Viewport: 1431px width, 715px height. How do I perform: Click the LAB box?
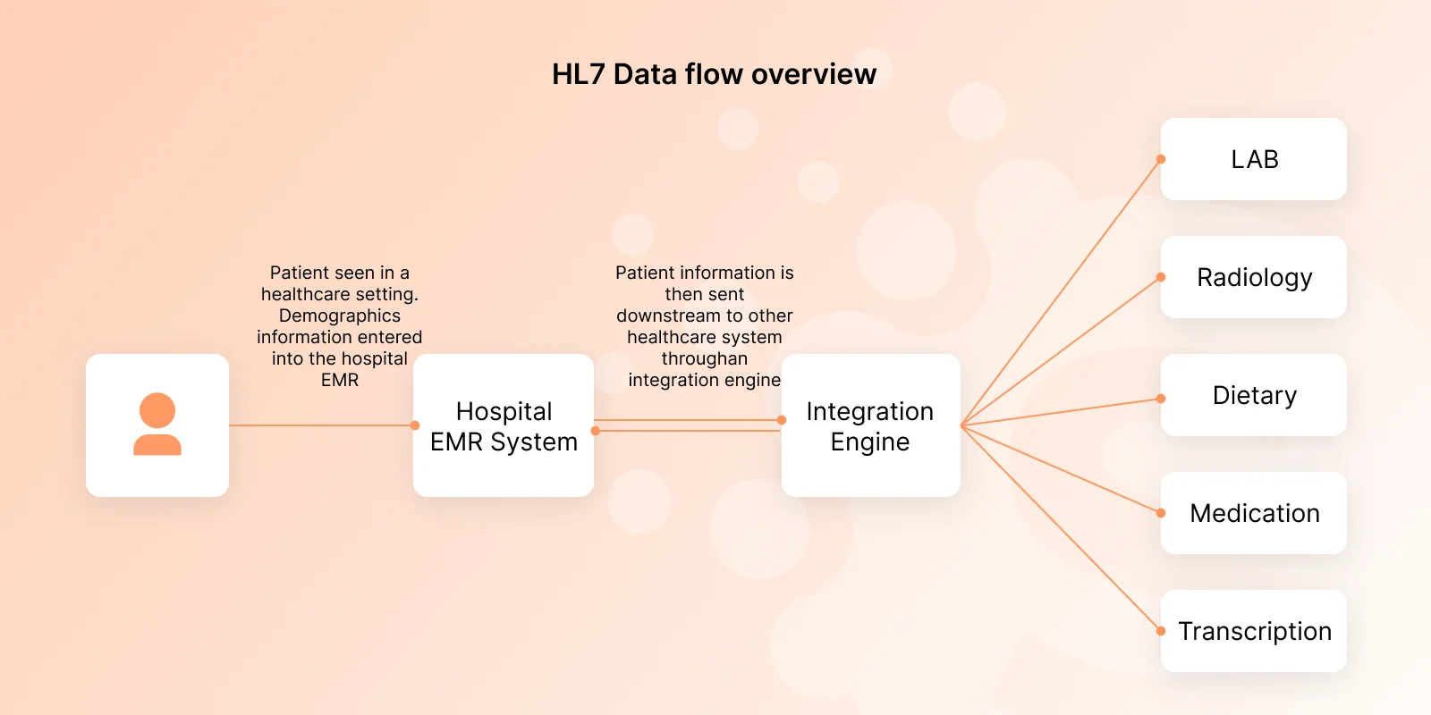pos(1253,159)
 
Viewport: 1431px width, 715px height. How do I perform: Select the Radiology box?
pos(1253,277)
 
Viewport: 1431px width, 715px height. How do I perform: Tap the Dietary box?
pos(1253,395)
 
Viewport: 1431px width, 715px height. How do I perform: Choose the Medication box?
pos(1253,513)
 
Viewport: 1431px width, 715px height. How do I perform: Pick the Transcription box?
pos(1253,631)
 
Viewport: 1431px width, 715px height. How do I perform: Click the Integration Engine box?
pos(871,425)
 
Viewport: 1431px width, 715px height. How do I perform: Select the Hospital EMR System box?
pos(504,425)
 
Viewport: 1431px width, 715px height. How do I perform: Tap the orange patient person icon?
pos(157,424)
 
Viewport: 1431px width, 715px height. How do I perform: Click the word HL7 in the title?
pos(578,74)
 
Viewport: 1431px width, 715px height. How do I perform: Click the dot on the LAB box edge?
pos(1161,159)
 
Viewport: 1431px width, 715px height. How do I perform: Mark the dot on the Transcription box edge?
pos(1161,631)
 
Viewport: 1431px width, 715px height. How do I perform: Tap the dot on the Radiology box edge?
pos(1161,277)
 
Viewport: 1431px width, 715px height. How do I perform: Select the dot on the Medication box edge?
pos(1161,513)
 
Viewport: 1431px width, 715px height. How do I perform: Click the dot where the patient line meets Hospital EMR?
pos(415,425)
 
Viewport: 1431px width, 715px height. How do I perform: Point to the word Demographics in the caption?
pos(339,316)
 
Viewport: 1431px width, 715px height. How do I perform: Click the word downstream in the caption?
pos(663,316)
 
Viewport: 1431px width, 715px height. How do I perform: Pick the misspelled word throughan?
pos(705,358)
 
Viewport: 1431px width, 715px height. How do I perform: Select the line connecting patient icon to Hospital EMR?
pos(321,425)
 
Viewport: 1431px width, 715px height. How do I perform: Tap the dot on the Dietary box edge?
pos(1161,399)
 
